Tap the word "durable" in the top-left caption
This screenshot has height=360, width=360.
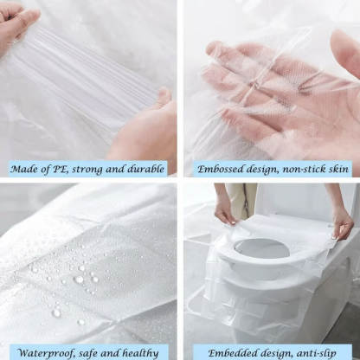[144, 169]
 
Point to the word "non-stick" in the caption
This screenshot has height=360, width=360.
[302, 170]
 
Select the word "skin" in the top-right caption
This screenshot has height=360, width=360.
[340, 170]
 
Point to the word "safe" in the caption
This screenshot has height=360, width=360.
[90, 350]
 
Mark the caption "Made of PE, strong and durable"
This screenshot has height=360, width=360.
[90, 169]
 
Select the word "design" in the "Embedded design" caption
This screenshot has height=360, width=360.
[268, 350]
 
